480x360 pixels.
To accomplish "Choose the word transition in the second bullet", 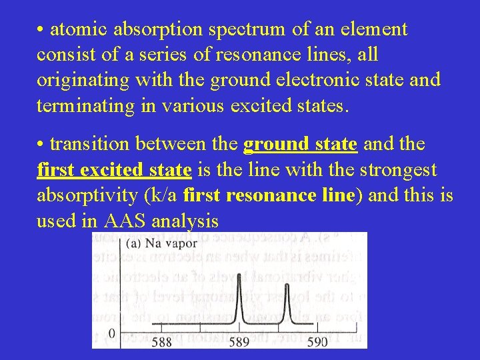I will [91, 145].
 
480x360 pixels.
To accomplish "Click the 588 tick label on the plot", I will [162, 341].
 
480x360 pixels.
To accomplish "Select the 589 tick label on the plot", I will [238, 341].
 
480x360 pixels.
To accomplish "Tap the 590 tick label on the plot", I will [317, 341].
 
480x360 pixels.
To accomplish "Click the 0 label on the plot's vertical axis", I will [111, 333].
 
